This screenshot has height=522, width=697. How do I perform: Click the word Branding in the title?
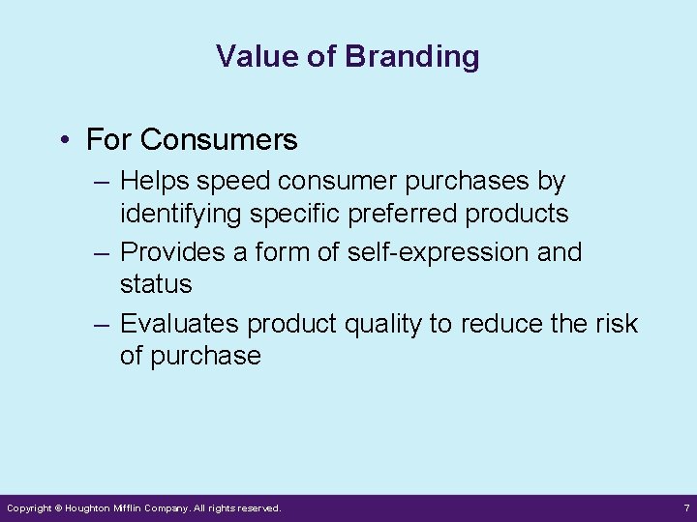tap(411, 57)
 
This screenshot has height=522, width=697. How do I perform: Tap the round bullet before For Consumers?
tap(63, 141)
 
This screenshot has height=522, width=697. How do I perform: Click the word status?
tap(156, 284)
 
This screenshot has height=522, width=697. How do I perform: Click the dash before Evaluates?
tap(103, 324)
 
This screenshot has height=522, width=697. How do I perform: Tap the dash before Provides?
tap(103, 252)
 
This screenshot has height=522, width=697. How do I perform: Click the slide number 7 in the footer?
tap(685, 507)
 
